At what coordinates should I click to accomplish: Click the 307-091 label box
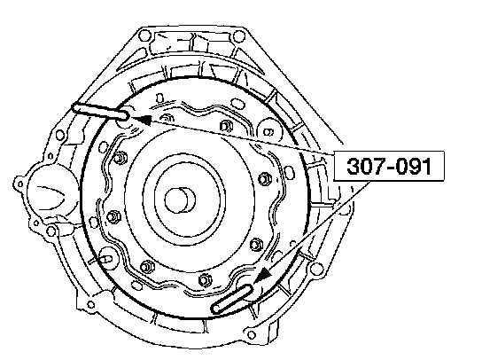[389, 166]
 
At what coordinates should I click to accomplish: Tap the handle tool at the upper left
[100, 111]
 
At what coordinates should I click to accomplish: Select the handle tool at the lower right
[232, 299]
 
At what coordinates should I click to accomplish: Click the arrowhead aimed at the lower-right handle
[262, 275]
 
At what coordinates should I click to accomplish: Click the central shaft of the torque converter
[180, 200]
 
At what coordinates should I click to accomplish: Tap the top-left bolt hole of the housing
[144, 35]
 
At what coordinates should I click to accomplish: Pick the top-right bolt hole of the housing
[238, 36]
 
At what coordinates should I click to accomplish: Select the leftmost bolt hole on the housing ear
[20, 184]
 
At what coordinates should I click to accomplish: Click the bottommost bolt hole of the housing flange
[252, 335]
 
